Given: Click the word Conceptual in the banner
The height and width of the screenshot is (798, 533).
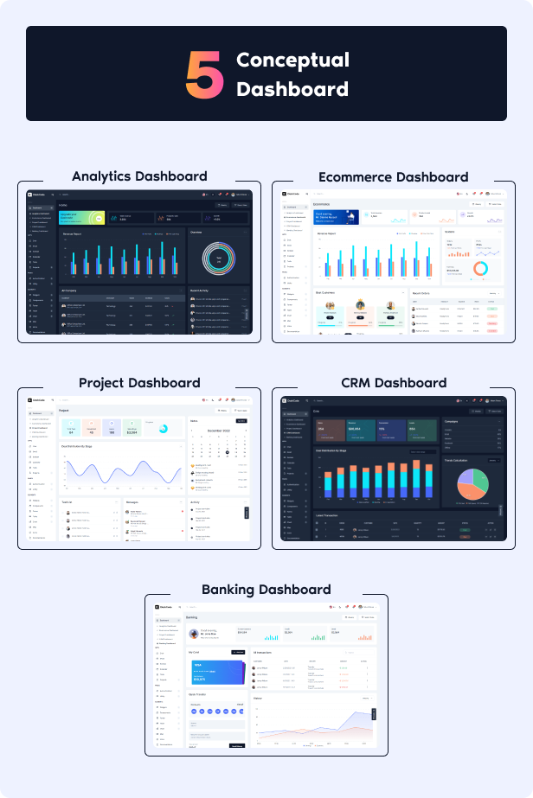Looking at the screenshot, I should (292, 60).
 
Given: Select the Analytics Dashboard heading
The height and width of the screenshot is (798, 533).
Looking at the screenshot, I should (139, 176).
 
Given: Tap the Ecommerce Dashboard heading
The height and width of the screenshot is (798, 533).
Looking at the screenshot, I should (393, 176).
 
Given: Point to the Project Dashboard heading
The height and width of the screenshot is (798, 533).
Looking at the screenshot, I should (139, 382).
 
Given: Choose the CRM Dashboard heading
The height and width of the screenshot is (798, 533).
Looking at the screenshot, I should (394, 382).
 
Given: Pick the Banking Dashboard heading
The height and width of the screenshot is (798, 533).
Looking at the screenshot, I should (266, 589).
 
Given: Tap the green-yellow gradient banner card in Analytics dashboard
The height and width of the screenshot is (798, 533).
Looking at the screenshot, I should (81, 218).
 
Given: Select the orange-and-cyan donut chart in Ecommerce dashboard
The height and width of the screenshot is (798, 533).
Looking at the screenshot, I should (479, 269).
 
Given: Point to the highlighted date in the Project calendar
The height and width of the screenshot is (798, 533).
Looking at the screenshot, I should (228, 452).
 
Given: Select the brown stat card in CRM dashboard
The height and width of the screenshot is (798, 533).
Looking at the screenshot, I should (330, 427).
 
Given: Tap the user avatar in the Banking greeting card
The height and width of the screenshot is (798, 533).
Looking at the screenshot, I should (194, 632).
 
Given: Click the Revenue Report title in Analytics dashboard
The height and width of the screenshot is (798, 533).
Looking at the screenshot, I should (72, 233).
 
